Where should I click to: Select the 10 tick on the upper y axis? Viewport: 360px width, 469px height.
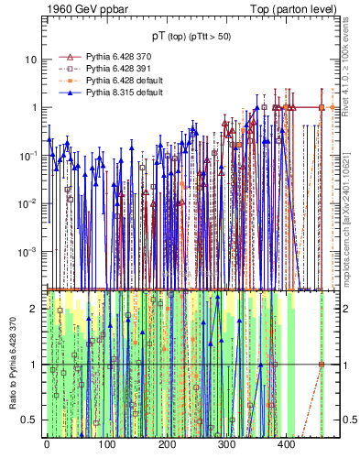pos(31,60)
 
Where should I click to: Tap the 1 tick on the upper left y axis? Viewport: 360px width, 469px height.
pos(34,107)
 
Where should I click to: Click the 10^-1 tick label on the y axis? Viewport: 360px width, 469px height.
pos(29,155)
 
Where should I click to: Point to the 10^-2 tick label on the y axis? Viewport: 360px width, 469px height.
pos(29,202)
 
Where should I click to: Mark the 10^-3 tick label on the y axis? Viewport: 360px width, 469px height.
pos(29,250)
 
